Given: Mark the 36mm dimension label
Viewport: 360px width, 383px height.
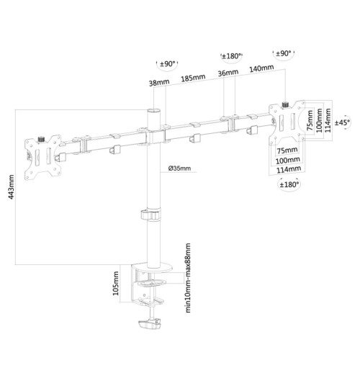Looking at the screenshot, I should point(227,73).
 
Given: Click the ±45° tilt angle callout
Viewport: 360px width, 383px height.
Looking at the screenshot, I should point(343,120).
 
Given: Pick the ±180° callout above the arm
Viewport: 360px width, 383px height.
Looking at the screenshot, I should point(232,56).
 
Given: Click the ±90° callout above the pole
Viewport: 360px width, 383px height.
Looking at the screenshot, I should point(168,63).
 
